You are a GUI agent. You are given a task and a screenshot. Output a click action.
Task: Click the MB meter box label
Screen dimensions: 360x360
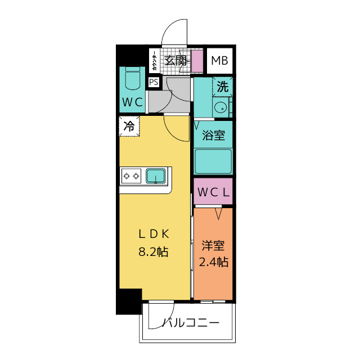click(x=219, y=61)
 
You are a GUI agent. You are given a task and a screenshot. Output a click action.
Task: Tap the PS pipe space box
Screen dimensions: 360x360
click(x=154, y=82)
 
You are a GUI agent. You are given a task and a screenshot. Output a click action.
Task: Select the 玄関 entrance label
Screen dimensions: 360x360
click(x=175, y=61)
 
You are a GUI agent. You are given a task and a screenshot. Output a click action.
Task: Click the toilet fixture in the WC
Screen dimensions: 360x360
click(x=133, y=78)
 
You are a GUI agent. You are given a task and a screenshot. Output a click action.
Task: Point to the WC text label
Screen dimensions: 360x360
click(x=133, y=102)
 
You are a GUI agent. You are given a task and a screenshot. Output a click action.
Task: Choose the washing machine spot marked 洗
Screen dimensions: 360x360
click(x=223, y=87)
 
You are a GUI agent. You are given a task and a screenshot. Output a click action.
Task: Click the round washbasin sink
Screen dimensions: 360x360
click(x=220, y=107)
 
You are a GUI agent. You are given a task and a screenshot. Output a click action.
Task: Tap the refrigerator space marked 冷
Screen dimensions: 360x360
click(x=129, y=126)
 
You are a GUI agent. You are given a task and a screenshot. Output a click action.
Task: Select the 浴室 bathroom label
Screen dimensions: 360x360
click(x=213, y=135)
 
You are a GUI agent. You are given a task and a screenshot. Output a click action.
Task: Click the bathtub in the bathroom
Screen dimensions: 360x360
click(x=213, y=161)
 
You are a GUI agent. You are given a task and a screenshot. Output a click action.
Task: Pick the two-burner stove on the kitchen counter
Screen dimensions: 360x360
click(x=131, y=176)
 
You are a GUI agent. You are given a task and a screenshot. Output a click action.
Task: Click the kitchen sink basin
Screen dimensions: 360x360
click(x=156, y=176)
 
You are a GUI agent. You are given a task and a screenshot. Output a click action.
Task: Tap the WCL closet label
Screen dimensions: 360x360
click(x=213, y=192)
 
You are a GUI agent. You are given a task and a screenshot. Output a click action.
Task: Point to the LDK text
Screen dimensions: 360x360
click(x=154, y=234)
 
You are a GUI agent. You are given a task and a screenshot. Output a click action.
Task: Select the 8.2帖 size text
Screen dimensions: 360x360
click(x=154, y=251)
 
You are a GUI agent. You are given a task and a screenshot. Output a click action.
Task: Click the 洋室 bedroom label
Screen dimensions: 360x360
click(x=213, y=246)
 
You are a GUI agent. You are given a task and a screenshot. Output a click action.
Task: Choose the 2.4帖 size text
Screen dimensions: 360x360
click(x=214, y=262)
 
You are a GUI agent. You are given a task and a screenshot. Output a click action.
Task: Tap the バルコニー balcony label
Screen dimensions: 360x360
click(x=191, y=323)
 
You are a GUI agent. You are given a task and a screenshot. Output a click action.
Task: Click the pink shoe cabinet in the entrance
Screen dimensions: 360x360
click(x=197, y=61)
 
